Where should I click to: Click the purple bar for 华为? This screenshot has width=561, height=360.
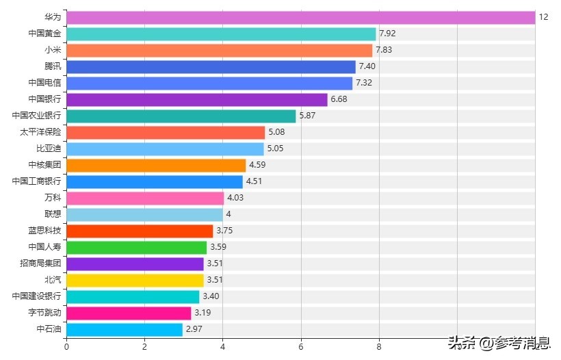(300, 17)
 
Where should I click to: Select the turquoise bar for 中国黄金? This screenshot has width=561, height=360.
(221, 34)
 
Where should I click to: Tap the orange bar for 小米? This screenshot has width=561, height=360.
(219, 50)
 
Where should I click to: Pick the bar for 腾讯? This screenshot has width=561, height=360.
(211, 66)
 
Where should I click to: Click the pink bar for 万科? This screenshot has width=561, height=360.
(145, 198)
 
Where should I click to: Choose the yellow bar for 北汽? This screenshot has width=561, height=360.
(135, 280)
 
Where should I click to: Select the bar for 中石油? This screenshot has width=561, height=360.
(125, 329)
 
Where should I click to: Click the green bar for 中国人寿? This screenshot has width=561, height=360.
(136, 247)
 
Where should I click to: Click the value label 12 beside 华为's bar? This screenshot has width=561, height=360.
(543, 17)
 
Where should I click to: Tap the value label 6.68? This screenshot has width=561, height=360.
(339, 99)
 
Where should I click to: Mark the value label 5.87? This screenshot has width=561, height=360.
(307, 116)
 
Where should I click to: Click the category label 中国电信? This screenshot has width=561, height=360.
(44, 83)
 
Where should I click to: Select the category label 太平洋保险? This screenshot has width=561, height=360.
(40, 132)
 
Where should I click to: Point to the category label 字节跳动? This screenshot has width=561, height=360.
(44, 313)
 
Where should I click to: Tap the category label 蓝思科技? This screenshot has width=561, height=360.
(44, 231)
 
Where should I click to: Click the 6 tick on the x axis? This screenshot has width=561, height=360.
(301, 346)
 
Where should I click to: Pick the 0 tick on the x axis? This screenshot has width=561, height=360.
(66, 346)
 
